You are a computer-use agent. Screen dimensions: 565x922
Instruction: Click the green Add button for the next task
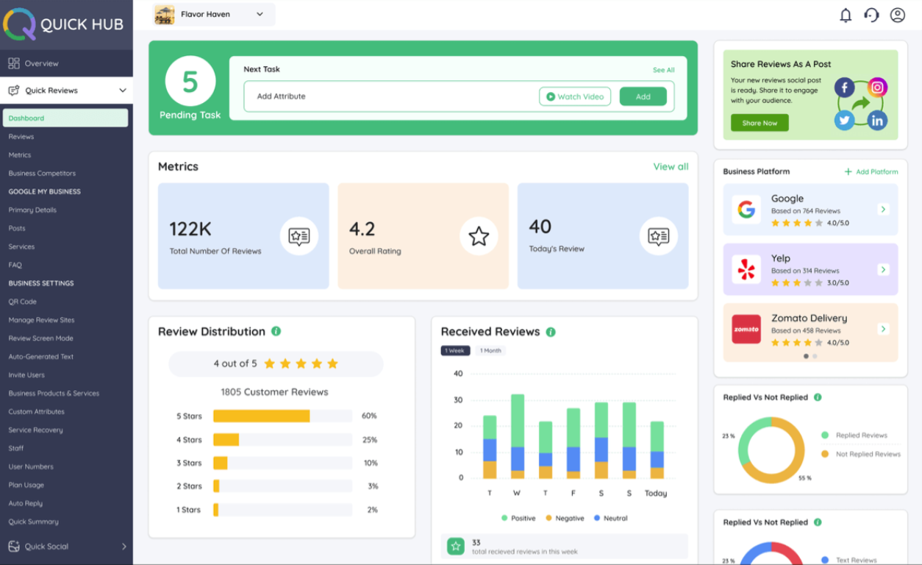click(x=643, y=96)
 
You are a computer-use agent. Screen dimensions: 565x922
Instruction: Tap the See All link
click(x=663, y=70)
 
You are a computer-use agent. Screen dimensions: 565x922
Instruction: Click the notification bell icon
click(x=846, y=15)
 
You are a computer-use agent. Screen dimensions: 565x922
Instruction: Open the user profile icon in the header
click(x=897, y=15)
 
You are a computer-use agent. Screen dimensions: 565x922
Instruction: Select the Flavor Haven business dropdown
click(x=214, y=15)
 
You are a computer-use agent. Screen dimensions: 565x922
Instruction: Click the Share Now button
click(x=760, y=123)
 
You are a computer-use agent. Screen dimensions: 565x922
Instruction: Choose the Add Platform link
click(x=871, y=171)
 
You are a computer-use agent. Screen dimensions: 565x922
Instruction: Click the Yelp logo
click(x=746, y=269)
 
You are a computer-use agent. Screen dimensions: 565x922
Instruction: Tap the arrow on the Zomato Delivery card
click(x=883, y=329)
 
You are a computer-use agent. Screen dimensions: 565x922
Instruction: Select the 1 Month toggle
click(x=490, y=350)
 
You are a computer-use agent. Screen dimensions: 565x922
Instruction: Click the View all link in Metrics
click(x=671, y=167)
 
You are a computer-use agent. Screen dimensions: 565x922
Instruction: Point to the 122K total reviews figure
click(x=190, y=230)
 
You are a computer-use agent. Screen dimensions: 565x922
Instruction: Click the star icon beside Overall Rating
click(x=479, y=236)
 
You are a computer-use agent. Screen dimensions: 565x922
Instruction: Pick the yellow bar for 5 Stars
click(x=261, y=416)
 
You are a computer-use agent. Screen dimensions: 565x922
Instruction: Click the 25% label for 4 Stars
click(x=369, y=440)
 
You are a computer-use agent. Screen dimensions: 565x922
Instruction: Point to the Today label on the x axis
click(x=656, y=493)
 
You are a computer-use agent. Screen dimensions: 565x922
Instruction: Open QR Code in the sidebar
click(x=22, y=302)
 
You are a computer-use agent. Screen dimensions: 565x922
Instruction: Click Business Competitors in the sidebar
click(x=42, y=174)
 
